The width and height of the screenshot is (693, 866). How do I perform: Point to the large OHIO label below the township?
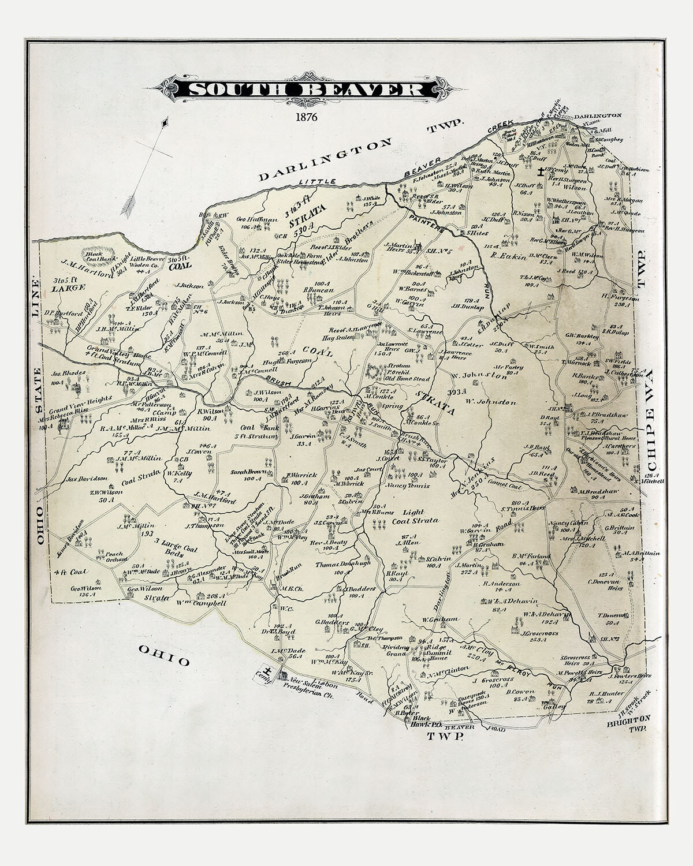coord(164,654)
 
